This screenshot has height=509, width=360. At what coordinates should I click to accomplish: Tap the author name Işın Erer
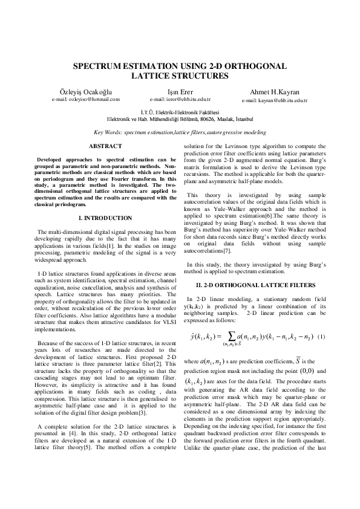tap(180, 91)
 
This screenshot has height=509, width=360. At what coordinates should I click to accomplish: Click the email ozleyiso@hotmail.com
tap(85, 99)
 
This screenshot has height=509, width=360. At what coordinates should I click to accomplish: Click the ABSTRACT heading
tap(105, 146)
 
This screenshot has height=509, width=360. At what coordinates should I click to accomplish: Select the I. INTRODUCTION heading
tap(105, 218)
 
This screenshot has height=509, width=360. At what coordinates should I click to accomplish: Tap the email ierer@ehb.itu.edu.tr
tap(180, 99)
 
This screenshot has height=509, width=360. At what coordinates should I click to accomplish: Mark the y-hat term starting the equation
tap(195, 336)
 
